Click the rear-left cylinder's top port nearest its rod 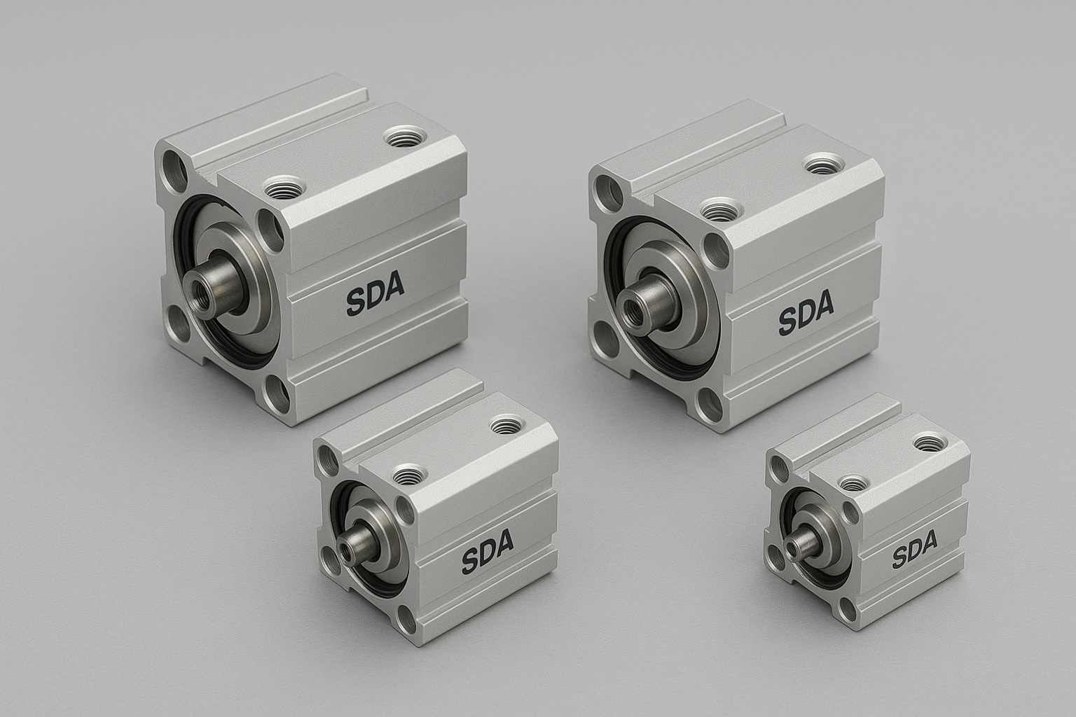click(285, 186)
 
